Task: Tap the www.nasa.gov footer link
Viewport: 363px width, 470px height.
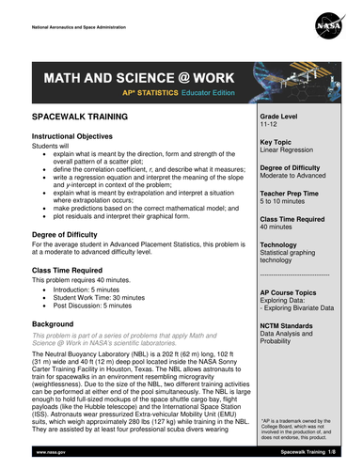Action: [53, 452]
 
